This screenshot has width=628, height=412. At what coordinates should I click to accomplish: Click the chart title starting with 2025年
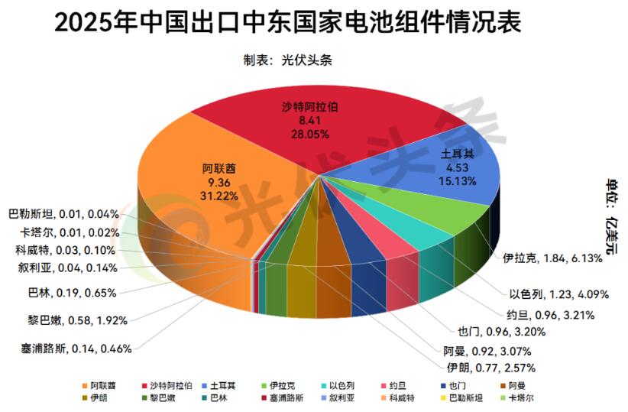click(288, 22)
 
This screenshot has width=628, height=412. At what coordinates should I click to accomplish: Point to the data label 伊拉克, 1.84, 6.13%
click(548, 259)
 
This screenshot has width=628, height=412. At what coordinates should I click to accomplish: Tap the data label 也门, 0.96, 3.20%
click(501, 332)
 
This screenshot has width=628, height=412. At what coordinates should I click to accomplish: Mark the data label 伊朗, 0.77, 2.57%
click(487, 368)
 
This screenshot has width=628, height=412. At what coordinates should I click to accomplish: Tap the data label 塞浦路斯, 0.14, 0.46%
click(76, 349)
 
